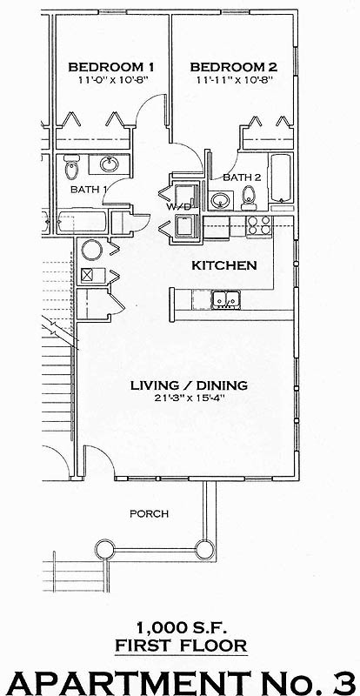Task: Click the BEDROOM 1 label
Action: pos(111,66)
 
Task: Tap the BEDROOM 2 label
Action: pos(233,66)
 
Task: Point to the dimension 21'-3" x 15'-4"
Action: pos(189,398)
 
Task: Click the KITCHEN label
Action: pos(223,264)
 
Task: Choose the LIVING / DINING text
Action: pos(189,385)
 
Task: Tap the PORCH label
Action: pos(148,513)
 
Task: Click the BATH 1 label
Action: pos(89,188)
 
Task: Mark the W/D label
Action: pos(179,207)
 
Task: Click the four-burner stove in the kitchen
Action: pos(259,225)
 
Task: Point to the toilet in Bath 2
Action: pos(249,194)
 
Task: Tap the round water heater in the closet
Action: pos(91,251)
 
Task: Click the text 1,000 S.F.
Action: pos(179,626)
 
